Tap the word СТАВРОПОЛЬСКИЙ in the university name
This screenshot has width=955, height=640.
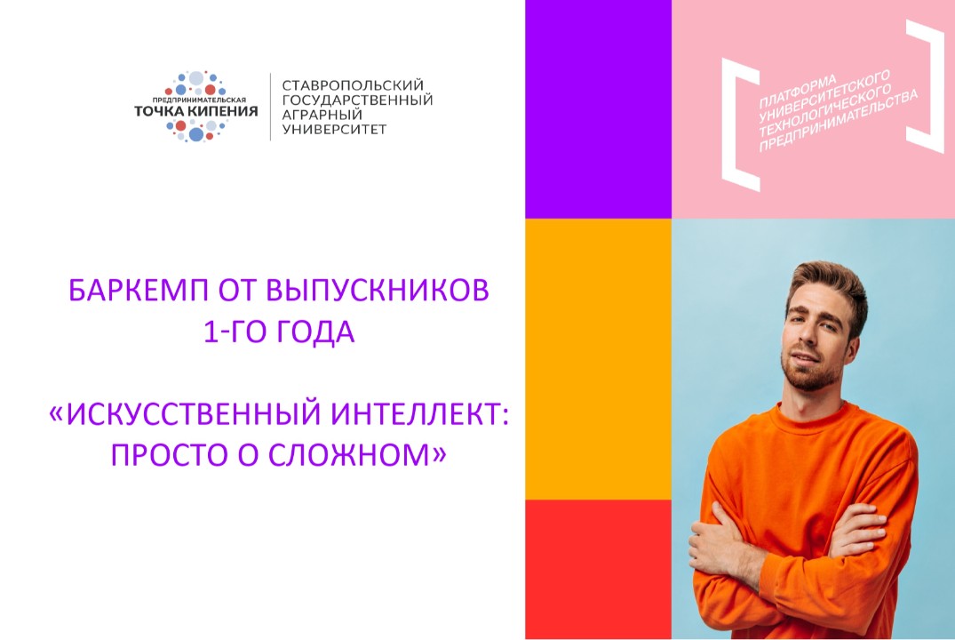(x=354, y=84)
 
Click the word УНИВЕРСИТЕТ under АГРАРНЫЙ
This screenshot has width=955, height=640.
(x=334, y=130)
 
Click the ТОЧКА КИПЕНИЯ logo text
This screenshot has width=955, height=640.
(x=195, y=111)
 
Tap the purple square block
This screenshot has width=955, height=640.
(x=598, y=108)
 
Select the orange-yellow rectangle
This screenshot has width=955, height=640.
(x=598, y=358)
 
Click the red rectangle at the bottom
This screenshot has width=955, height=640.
(x=598, y=569)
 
